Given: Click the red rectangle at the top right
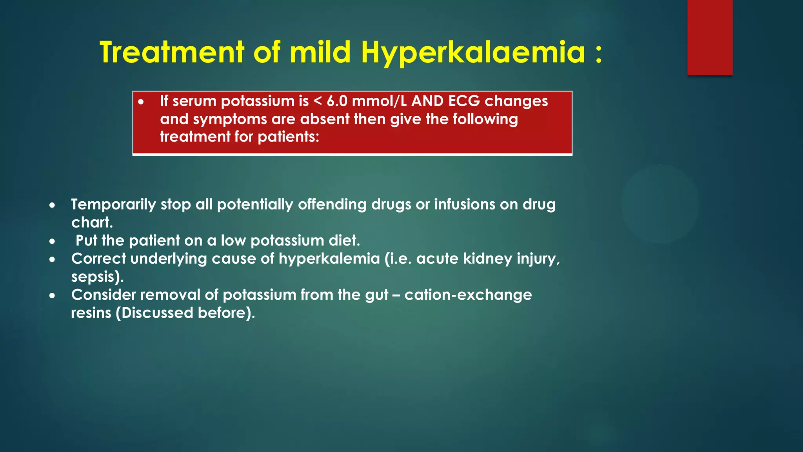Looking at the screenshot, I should click(x=710, y=37).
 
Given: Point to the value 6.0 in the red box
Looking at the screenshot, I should click(x=337, y=101).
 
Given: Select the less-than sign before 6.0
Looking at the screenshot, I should click(x=318, y=102).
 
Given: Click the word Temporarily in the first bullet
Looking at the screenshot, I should click(x=113, y=205).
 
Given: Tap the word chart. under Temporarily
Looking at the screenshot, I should click(x=92, y=223).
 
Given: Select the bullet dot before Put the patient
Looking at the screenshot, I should click(x=52, y=241).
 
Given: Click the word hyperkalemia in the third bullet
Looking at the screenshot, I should click(x=329, y=259).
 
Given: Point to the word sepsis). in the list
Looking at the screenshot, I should click(x=97, y=277).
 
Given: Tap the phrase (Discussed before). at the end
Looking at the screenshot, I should click(x=185, y=313).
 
